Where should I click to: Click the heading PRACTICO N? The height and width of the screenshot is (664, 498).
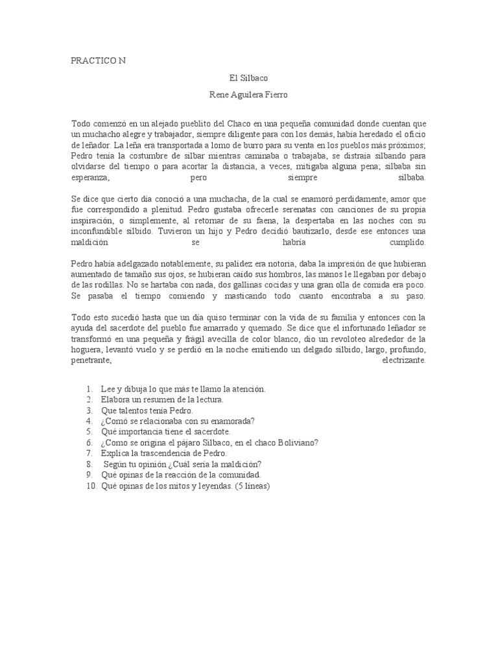pos(99,61)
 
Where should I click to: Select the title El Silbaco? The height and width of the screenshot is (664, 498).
pos(249,78)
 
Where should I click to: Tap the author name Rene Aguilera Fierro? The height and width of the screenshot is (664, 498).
pos(248,95)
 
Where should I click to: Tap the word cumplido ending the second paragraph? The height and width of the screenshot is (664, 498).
pos(407,242)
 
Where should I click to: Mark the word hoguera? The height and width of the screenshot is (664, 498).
pos(89,350)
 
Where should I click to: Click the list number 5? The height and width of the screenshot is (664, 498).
pos(89,432)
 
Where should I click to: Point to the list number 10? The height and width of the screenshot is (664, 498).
pos(89,486)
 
